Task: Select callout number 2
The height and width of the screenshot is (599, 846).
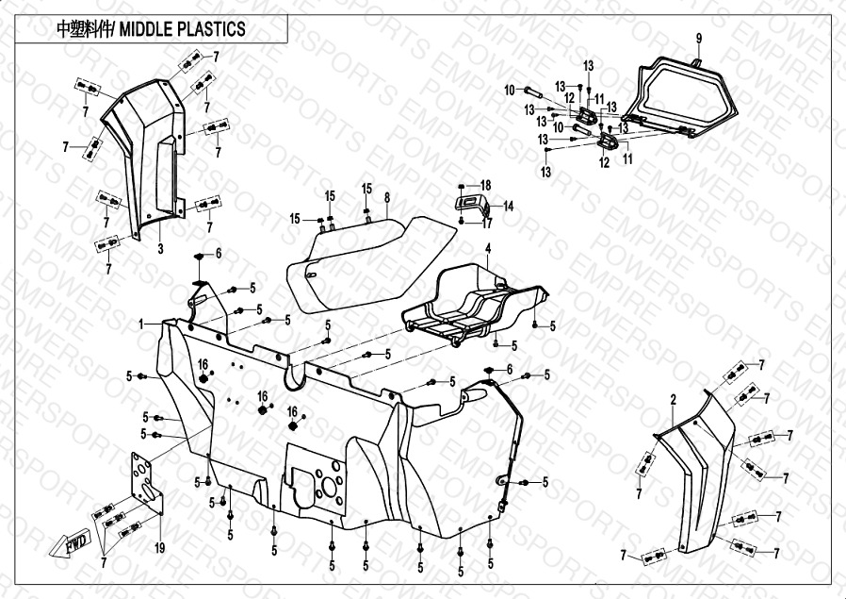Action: pos(673,400)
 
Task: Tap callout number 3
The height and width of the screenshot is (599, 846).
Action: pos(160,249)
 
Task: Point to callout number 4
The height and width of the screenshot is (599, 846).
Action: pos(488,249)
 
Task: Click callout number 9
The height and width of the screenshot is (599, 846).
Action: pos(699,39)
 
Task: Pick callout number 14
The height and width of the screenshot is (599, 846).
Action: pos(508,205)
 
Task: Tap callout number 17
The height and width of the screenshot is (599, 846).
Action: pos(487,224)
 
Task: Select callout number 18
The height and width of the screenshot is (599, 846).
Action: pos(486,185)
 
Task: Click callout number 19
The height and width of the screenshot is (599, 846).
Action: pos(159,548)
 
